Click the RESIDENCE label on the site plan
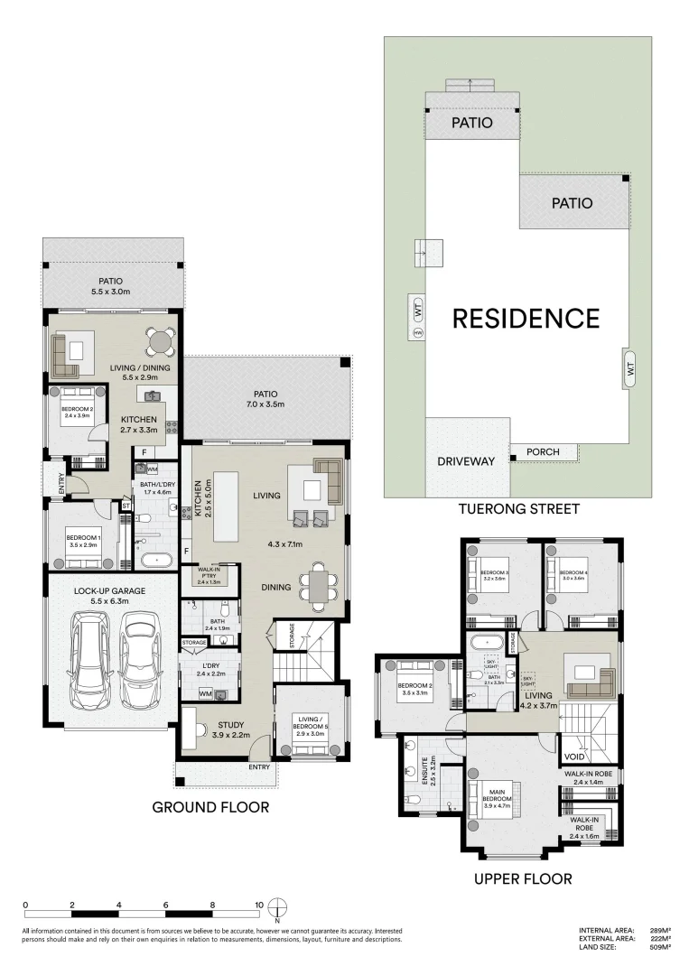coord(526,319)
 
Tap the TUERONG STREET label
coord(518,510)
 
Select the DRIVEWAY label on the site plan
coord(466,461)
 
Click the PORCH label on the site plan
coord(544,452)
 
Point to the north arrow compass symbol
coord(282,905)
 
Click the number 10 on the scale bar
coord(258,905)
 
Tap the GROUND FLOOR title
coord(210,806)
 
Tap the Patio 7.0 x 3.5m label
coord(265,399)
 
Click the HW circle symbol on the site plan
coord(417,333)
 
